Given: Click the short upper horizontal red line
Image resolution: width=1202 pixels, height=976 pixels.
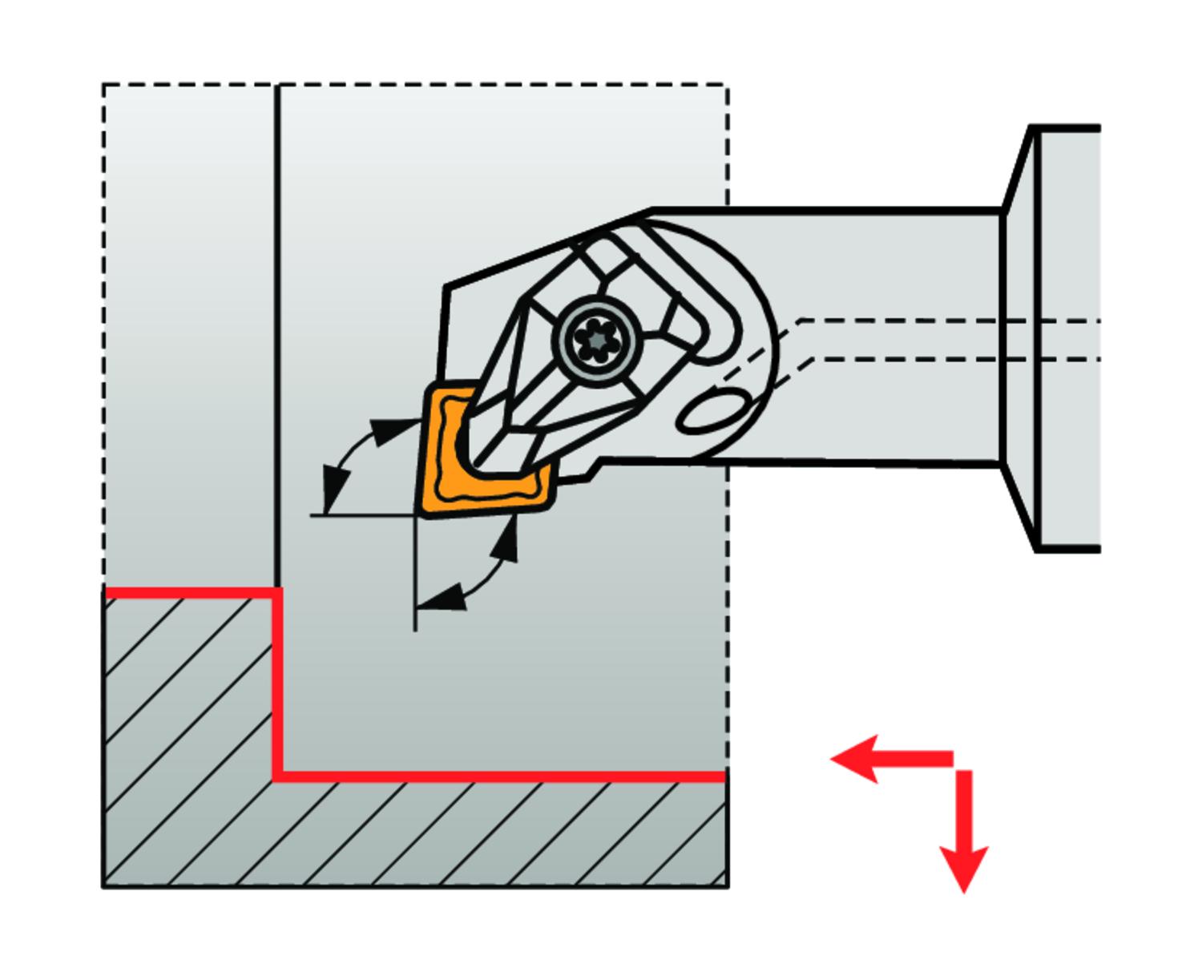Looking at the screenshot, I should tap(192, 592).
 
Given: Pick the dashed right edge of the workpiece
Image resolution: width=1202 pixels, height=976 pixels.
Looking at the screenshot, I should tap(727, 625).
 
